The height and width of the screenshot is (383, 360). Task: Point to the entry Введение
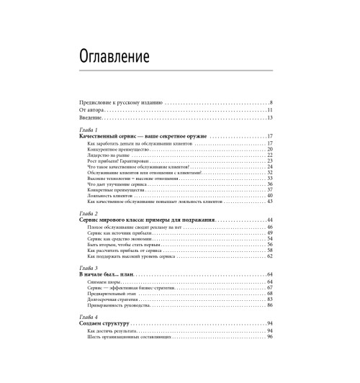click(x=90, y=117)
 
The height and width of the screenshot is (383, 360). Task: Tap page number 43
click(x=269, y=202)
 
